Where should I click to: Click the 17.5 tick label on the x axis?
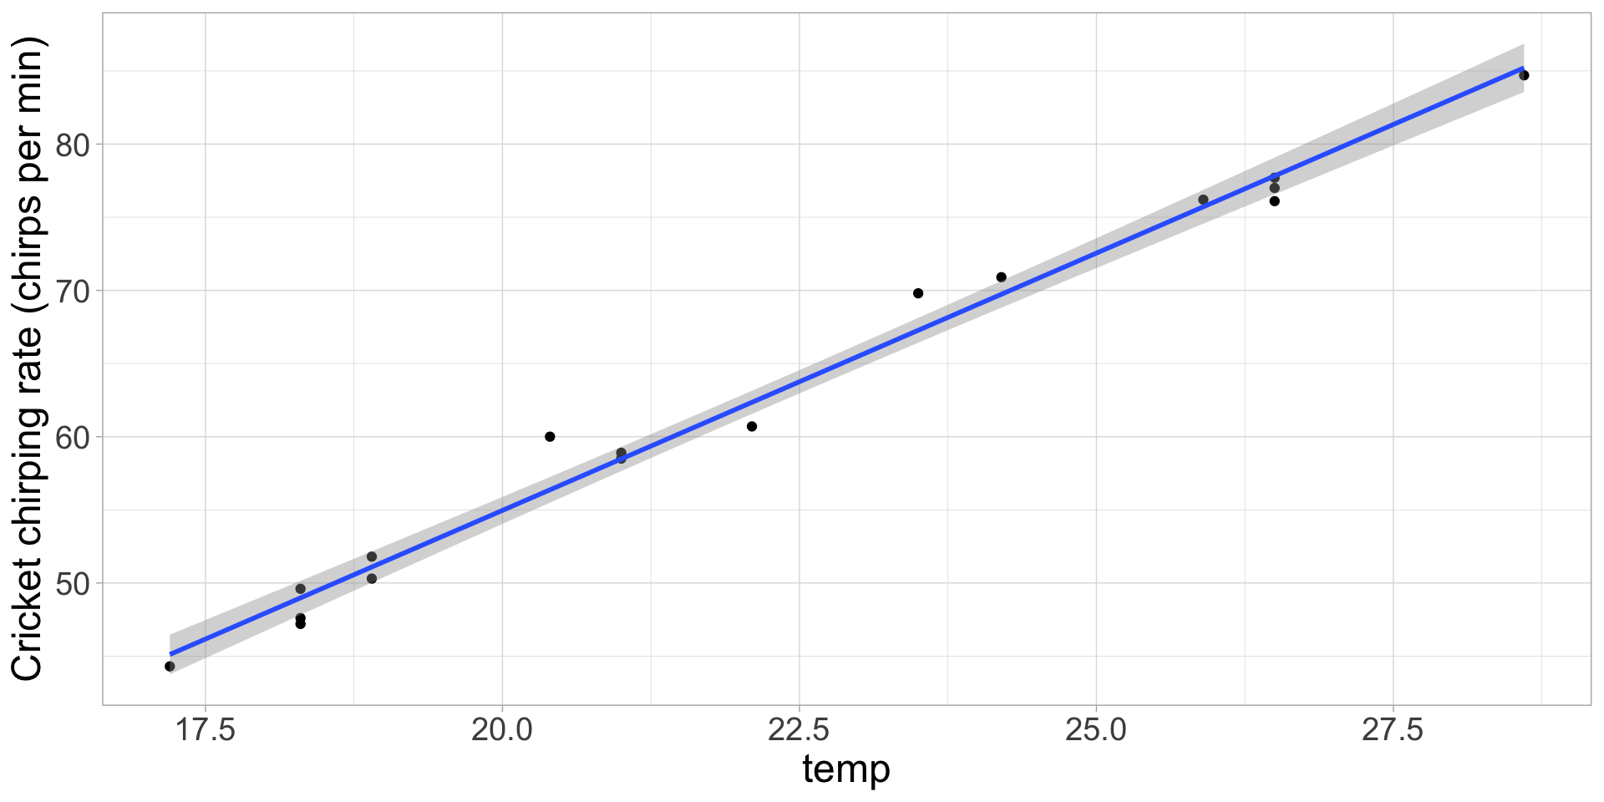[206, 730]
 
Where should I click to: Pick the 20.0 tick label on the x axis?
[502, 730]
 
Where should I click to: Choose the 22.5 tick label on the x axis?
[799, 730]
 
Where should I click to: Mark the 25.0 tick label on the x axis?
[1096, 730]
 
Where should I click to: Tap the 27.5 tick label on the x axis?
[1393, 730]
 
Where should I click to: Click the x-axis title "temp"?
[846, 769]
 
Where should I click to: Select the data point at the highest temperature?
[1524, 75]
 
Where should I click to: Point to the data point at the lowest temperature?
[170, 666]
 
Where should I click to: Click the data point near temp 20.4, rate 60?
[550, 437]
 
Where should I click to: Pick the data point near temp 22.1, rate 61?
[752, 426]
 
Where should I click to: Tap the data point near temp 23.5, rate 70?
[918, 293]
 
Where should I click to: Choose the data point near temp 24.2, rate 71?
[1001, 277]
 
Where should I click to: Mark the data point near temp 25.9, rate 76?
[1203, 200]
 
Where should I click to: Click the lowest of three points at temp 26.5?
[1274, 201]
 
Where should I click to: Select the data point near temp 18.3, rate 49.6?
[301, 589]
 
